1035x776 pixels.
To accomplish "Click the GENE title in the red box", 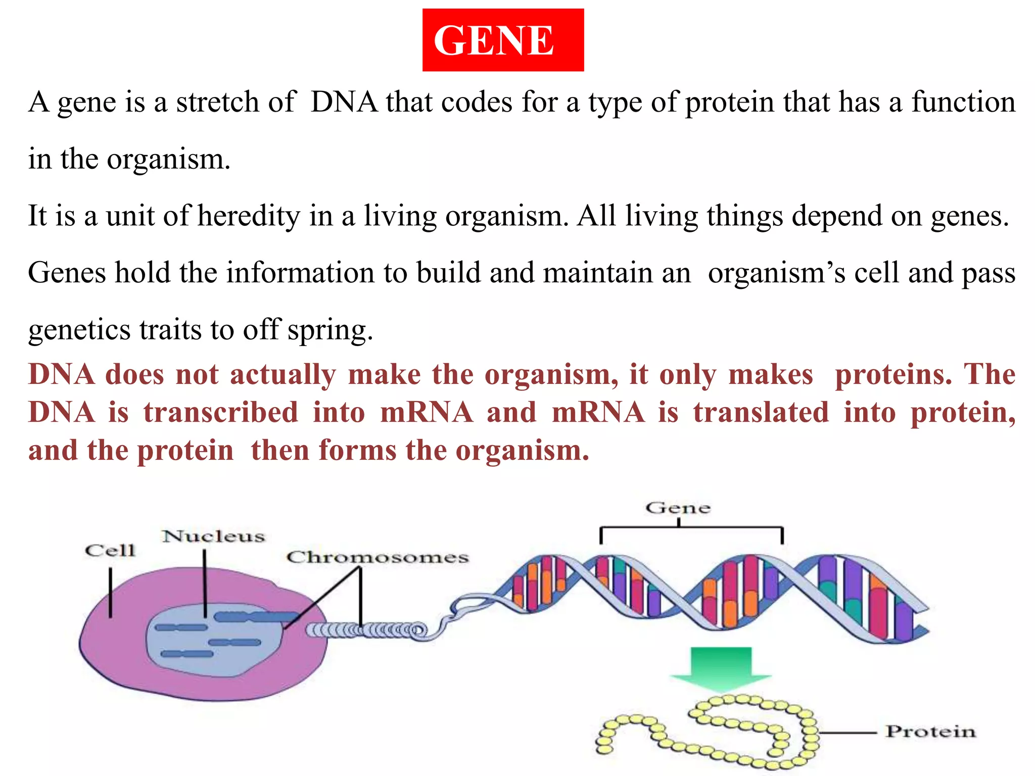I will tap(494, 40).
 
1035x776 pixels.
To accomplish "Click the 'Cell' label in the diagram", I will tap(110, 550).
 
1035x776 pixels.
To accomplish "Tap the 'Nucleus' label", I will tap(213, 536).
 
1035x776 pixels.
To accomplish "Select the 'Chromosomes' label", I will tap(378, 557).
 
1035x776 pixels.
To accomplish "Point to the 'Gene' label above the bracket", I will tap(678, 508).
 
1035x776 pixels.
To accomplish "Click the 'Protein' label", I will tap(930, 732).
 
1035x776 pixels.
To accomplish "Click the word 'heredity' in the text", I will tap(249, 216).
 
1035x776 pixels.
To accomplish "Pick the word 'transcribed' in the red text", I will tap(221, 412).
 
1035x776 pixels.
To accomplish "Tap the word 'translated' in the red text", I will tap(761, 412).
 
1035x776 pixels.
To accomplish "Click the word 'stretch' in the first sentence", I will tap(218, 102).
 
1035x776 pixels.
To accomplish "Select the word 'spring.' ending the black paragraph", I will tap(331, 330).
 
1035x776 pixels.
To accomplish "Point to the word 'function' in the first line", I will tap(963, 102).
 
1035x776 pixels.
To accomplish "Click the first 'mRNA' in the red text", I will tap(427, 412).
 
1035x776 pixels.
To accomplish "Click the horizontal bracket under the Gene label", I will tap(691, 527).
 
